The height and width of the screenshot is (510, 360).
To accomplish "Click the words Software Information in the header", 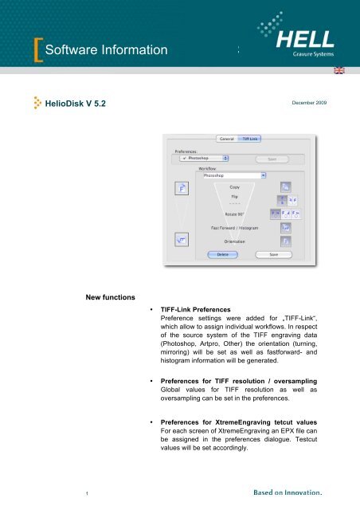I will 106,53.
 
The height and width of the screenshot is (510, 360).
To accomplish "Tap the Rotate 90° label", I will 235,214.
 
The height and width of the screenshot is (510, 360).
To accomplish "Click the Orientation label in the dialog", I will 235,241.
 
